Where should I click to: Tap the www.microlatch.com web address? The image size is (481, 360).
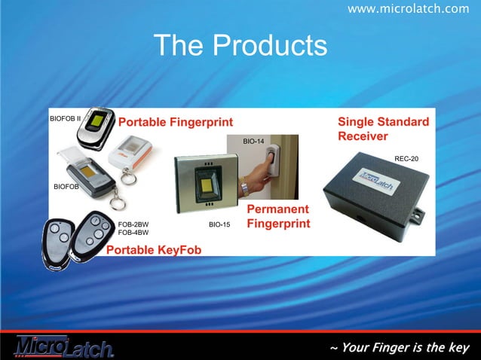408,8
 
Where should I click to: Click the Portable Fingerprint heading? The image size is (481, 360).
176,123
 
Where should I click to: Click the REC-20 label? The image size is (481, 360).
406,158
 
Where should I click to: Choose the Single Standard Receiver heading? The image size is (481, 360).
383,129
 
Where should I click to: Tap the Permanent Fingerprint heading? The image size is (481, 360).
278,216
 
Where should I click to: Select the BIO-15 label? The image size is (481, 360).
219,224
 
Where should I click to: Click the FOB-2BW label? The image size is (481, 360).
133,224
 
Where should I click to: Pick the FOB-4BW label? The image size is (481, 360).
133,233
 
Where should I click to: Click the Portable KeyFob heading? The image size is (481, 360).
154,249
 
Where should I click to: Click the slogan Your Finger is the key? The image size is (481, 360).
399,347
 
